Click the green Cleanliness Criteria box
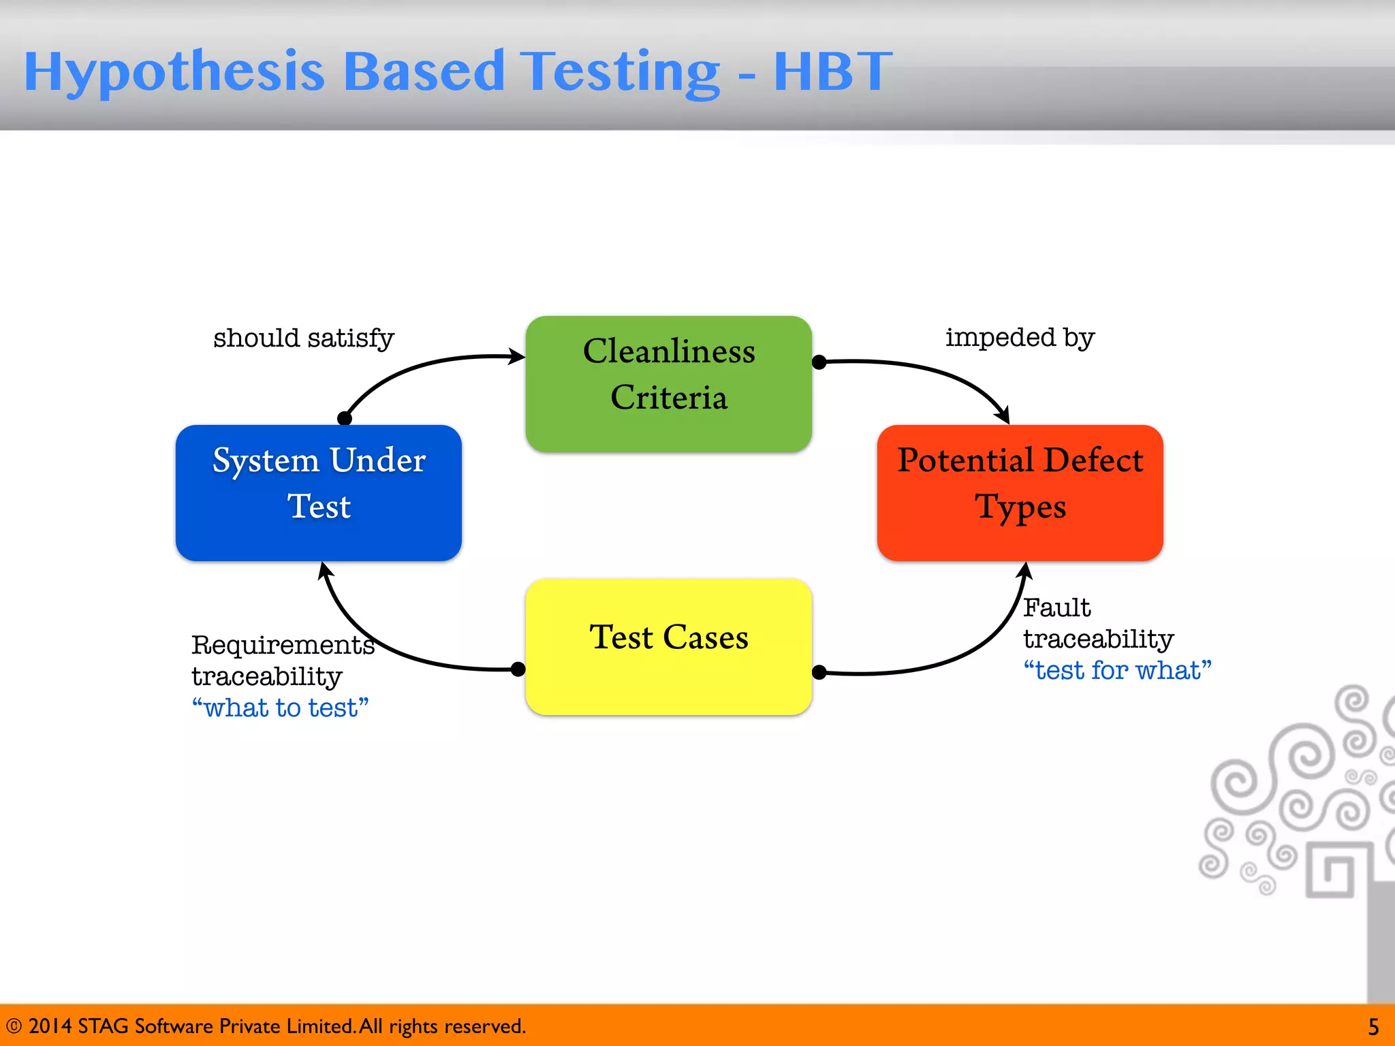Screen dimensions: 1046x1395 pos(668,383)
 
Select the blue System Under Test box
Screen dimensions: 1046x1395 pos(318,492)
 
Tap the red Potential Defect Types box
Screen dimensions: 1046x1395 pos(1020,492)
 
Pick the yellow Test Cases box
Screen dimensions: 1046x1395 pos(668,646)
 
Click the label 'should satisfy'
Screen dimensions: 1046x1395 pos(304,338)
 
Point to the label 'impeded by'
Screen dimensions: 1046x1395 pos(1020,337)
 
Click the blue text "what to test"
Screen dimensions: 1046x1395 pos(280,708)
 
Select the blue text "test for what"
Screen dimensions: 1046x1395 pos(1117,671)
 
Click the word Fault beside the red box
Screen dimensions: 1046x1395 pos(1056,607)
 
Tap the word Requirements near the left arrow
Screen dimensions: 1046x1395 pos(283,645)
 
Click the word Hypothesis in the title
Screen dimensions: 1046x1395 pos(174,72)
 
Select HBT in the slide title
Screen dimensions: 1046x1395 pos(832,71)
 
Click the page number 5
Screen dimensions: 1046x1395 pos(1373,1026)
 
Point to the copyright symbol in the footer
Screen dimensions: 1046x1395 pos(14,1026)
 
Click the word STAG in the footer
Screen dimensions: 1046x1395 pos(103,1026)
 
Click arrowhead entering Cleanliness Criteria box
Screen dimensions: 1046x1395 pos(517,356)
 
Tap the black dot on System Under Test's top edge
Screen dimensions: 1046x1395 pos(345,418)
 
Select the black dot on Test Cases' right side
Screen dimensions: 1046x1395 pos(819,673)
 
